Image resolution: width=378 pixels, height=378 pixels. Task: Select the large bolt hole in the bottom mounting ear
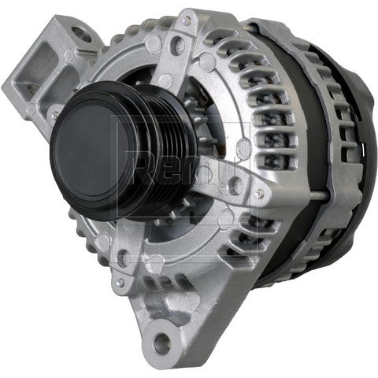click(x=161, y=343)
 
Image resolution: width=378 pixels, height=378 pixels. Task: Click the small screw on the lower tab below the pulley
click(x=119, y=282)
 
